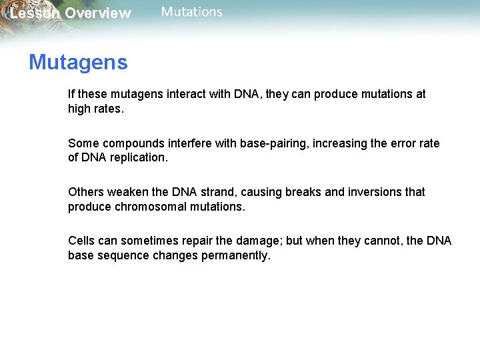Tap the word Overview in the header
click(98, 14)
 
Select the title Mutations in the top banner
click(192, 12)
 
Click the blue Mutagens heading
click(78, 63)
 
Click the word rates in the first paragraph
click(109, 109)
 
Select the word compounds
click(131, 143)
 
